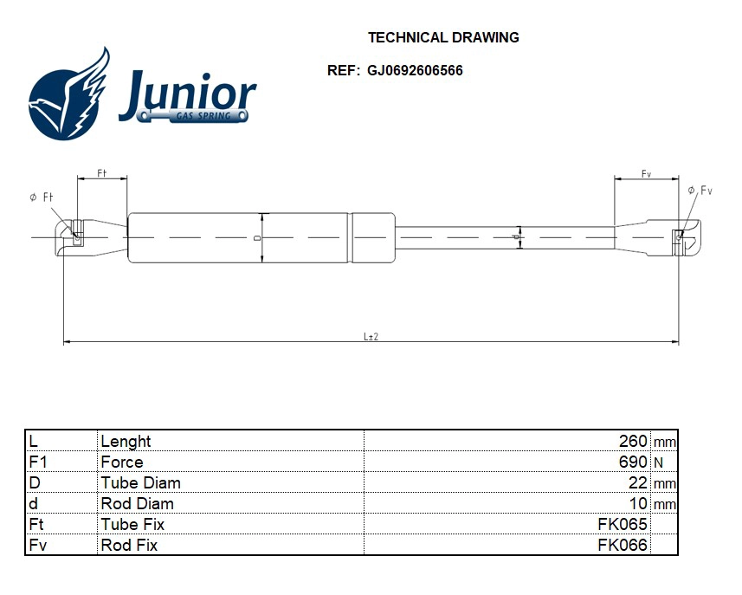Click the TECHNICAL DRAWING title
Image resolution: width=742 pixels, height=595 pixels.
(443, 37)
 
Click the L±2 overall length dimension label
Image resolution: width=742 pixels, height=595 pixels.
(371, 336)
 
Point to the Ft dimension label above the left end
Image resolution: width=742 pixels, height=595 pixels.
(101, 173)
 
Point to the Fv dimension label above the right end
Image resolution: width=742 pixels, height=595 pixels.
(646, 174)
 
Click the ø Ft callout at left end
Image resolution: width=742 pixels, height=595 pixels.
(42, 197)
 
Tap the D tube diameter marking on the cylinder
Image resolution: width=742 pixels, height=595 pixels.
(257, 236)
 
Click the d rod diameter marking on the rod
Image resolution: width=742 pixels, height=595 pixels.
(517, 236)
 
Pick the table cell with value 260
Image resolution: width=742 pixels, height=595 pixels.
(632, 441)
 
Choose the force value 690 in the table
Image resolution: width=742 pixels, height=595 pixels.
(632, 462)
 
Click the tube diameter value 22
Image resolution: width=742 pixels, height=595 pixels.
(638, 482)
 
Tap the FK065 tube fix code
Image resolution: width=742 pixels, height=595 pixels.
(622, 524)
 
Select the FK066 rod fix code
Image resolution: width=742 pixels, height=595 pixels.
(622, 545)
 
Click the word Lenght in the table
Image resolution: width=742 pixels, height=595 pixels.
(126, 441)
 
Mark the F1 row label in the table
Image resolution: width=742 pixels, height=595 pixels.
(38, 462)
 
